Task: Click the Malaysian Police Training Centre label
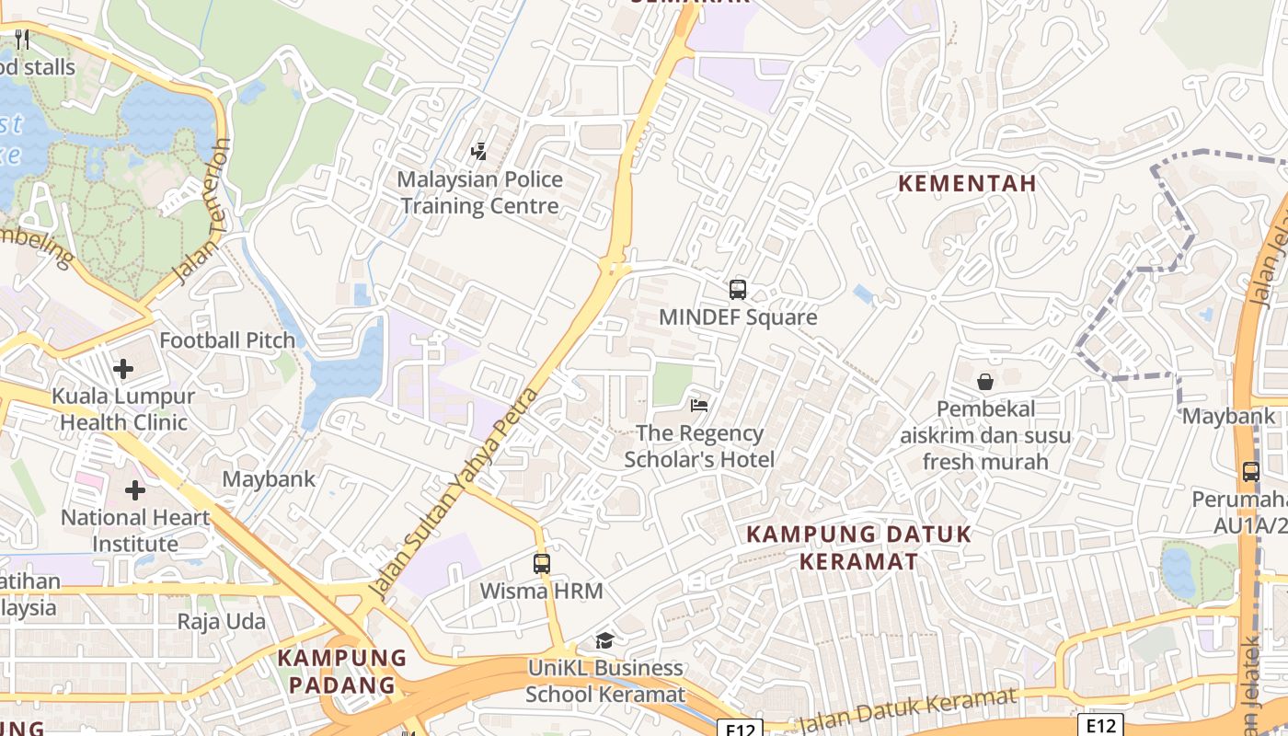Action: tap(479, 192)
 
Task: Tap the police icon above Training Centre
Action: tap(478, 152)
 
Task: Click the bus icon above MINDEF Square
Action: tap(737, 290)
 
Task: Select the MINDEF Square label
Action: tap(738, 317)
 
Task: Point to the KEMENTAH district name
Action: tap(967, 183)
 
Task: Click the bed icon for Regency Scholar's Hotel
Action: tap(699, 405)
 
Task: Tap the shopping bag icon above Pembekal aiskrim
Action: tap(985, 381)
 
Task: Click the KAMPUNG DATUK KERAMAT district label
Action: tap(858, 547)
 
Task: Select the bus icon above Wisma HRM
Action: tap(542, 564)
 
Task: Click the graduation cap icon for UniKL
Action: tap(604, 640)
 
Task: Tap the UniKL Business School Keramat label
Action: tap(605, 681)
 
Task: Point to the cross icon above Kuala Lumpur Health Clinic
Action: tap(123, 369)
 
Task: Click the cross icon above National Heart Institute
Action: tap(135, 490)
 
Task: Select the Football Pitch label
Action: tap(227, 340)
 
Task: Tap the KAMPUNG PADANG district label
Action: tap(342, 671)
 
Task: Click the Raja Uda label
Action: tap(221, 621)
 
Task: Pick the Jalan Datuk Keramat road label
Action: tap(907, 709)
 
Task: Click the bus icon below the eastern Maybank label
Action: tap(1250, 472)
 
